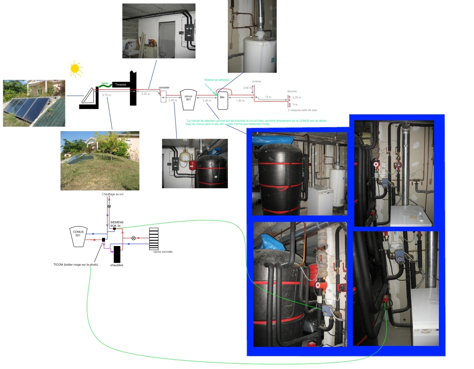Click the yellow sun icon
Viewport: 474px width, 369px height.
click(x=75, y=69)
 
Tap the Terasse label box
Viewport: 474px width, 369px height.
click(x=121, y=85)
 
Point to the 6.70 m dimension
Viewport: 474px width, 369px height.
click(x=106, y=95)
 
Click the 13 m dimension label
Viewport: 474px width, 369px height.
click(x=268, y=97)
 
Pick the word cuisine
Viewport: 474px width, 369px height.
click(x=257, y=81)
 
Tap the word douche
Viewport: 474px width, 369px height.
click(x=292, y=90)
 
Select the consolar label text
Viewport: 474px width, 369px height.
click(x=164, y=87)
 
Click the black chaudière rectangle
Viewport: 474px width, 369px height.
click(x=117, y=254)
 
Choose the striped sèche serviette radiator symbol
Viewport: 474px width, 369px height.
click(x=154, y=238)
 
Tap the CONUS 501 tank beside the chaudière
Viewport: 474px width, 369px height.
click(x=78, y=236)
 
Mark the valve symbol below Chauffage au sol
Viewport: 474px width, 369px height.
click(x=109, y=206)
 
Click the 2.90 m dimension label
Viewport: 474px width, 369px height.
click(x=246, y=87)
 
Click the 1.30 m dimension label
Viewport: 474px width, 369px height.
click(x=240, y=101)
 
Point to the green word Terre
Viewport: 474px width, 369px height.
click(x=105, y=83)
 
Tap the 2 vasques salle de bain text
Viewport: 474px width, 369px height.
click(x=303, y=110)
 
